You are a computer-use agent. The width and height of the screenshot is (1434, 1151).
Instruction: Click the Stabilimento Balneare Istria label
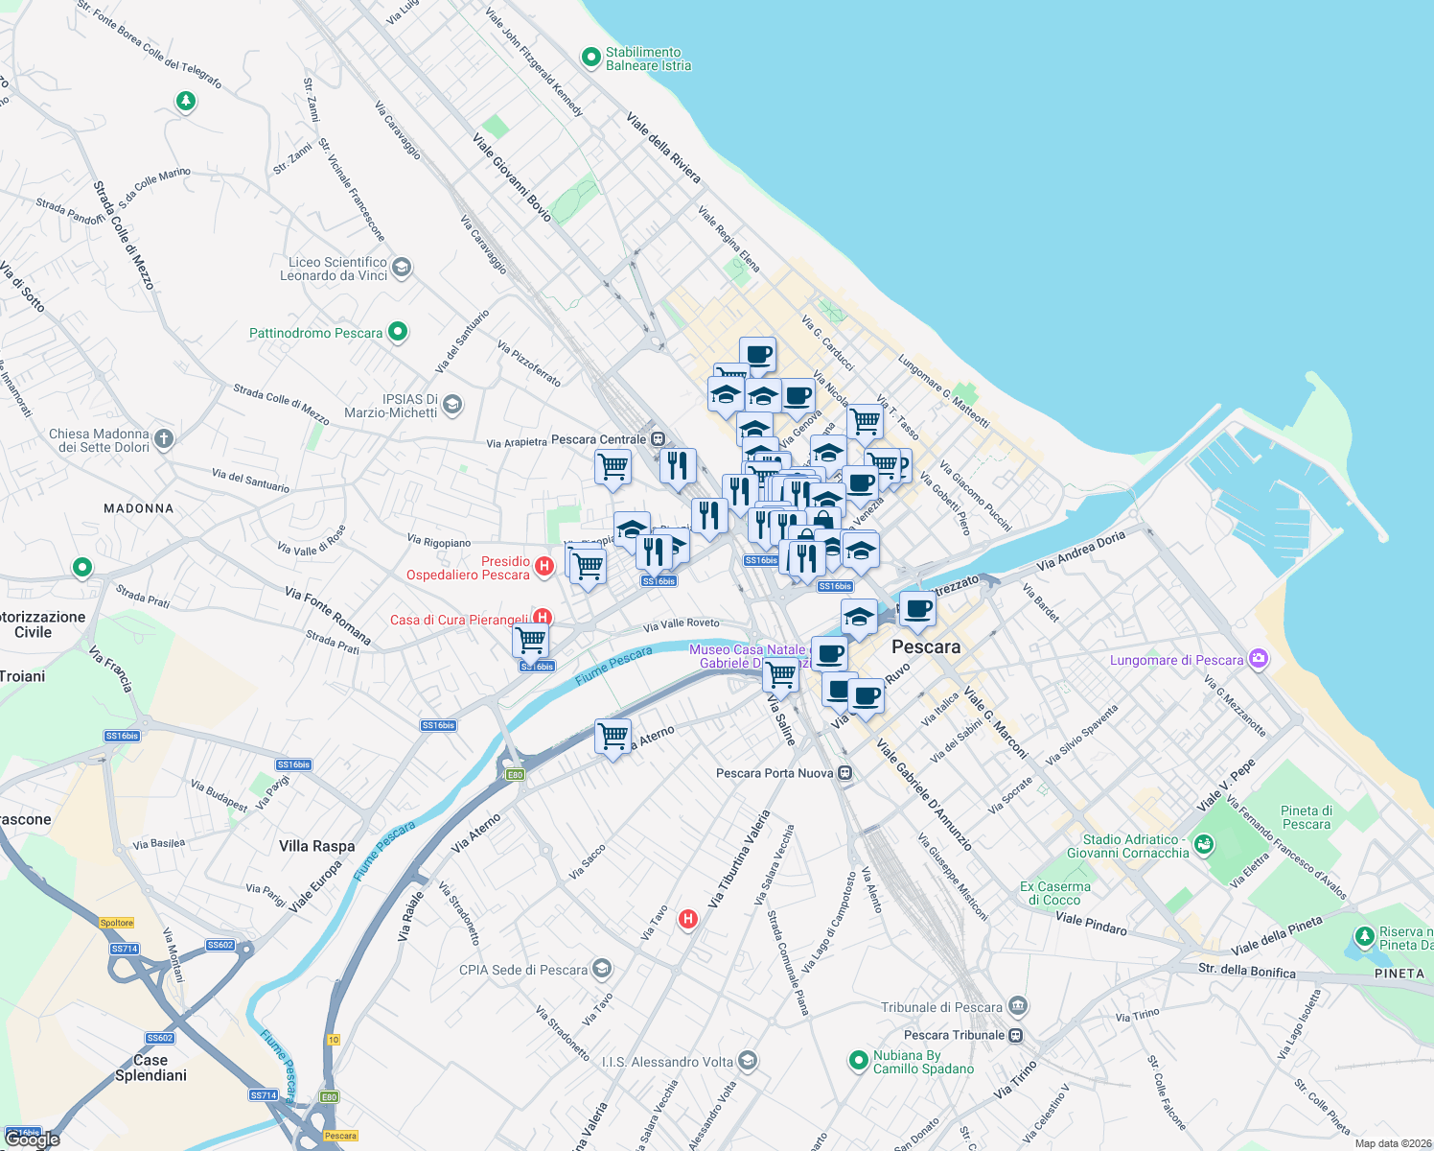pyautogui.click(x=648, y=59)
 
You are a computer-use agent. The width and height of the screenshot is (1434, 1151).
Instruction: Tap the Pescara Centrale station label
pyautogui.click(x=600, y=439)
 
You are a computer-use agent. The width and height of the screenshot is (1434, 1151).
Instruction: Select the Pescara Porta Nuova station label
pyautogui.click(x=775, y=773)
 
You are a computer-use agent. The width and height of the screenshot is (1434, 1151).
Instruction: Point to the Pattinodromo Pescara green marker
pyautogui.click(x=398, y=332)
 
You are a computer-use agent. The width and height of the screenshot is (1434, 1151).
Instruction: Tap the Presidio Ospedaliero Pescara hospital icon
pyautogui.click(x=544, y=566)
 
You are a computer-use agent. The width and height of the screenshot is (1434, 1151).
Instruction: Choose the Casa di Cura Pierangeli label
pyautogui.click(x=459, y=620)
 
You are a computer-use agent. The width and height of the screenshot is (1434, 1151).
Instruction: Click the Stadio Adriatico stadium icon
pyautogui.click(x=1204, y=844)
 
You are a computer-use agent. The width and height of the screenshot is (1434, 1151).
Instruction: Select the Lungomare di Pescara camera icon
pyautogui.click(x=1259, y=659)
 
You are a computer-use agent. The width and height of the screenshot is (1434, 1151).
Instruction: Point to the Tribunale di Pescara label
pyautogui.click(x=941, y=1007)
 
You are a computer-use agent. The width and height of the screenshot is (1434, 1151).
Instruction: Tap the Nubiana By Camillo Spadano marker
pyautogui.click(x=858, y=1061)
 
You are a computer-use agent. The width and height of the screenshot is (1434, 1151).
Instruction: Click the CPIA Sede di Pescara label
pyautogui.click(x=523, y=970)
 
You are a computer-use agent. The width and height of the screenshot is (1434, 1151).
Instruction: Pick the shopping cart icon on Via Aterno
pyautogui.click(x=613, y=737)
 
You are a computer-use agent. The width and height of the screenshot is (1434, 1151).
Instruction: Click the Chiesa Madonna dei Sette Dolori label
pyautogui.click(x=100, y=440)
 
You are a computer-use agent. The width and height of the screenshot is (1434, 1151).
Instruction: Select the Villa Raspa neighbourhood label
pyautogui.click(x=316, y=846)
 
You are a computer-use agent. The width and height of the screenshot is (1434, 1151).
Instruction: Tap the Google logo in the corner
pyautogui.click(x=33, y=1139)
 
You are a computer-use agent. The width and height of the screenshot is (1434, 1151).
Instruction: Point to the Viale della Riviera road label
pyautogui.click(x=663, y=148)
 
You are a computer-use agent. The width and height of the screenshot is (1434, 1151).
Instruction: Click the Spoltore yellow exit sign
pyautogui.click(x=117, y=923)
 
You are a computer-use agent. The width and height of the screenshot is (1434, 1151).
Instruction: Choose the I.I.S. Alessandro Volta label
pyautogui.click(x=667, y=1062)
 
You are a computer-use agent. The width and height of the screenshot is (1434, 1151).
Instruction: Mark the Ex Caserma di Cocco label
pyautogui.click(x=1054, y=893)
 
